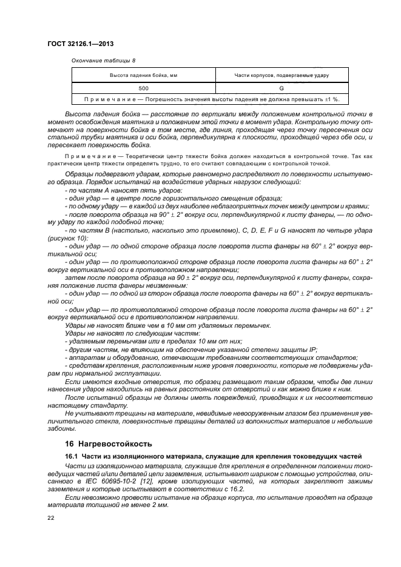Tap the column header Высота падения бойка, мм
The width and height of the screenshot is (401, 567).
[143, 75]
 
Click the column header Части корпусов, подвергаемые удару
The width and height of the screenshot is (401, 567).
[281, 75]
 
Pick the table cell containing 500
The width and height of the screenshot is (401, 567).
[143, 88]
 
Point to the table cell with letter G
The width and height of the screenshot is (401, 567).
[281, 88]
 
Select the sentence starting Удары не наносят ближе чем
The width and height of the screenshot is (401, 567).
[167, 326]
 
